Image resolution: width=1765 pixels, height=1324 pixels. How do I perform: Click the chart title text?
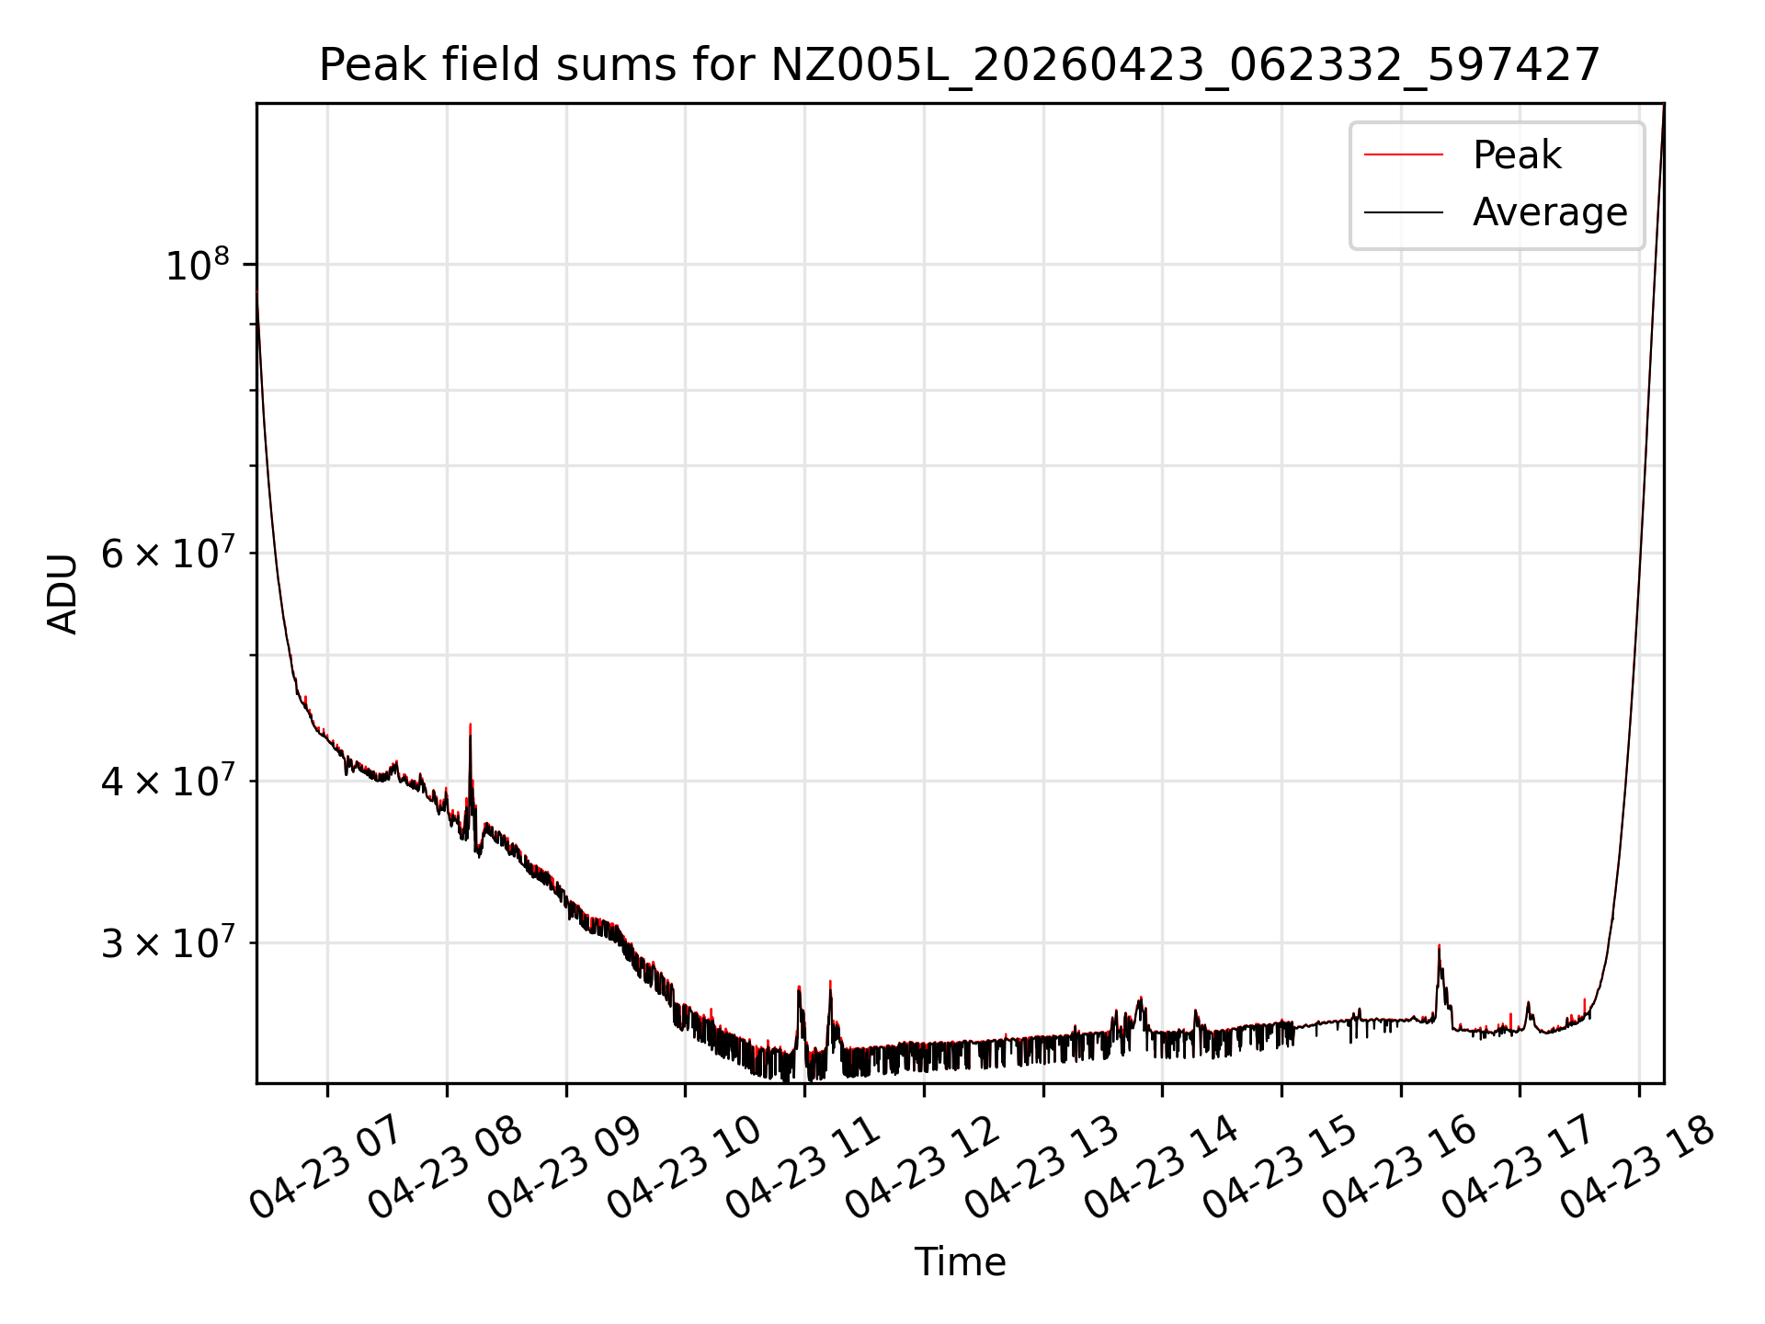960,65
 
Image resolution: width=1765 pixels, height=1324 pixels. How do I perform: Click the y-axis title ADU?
63,594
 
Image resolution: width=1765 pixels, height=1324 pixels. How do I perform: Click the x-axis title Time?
960,1261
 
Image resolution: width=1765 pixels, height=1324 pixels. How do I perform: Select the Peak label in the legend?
1516,155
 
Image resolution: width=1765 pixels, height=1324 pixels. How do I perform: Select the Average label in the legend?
1550,212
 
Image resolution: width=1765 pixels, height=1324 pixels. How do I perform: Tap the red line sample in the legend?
1404,155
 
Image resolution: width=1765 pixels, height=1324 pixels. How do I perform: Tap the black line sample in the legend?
1404,212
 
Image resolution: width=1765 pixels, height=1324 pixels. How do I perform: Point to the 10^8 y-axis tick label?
197,265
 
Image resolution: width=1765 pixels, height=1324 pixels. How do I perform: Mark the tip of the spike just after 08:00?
470,725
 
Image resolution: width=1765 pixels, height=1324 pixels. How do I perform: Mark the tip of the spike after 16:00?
1439,945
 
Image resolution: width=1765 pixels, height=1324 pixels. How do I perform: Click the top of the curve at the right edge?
1663,106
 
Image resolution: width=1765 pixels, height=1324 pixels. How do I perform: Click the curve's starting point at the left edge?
257,292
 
